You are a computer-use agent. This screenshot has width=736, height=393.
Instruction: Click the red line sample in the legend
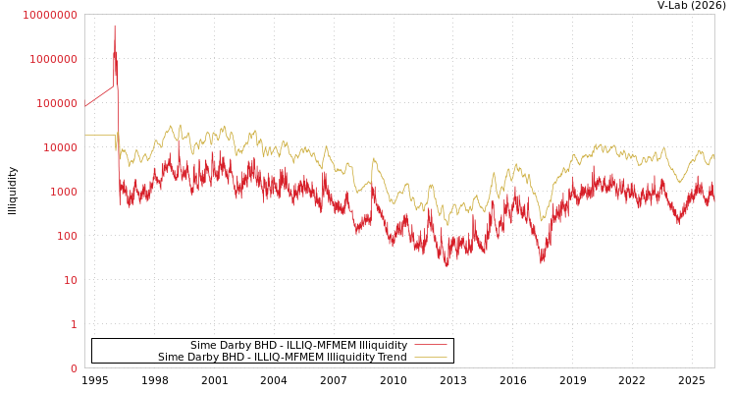(x=430, y=345)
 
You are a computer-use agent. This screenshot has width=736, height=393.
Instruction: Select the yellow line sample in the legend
(x=430, y=357)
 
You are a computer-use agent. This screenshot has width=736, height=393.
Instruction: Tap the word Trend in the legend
(x=391, y=357)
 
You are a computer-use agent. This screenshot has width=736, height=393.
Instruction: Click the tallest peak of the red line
(x=114, y=27)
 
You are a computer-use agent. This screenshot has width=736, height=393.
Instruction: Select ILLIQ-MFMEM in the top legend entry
(x=304, y=345)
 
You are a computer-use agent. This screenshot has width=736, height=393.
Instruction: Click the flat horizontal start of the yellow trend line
(x=99, y=135)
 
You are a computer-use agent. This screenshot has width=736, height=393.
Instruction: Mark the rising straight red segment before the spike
(x=99, y=95)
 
